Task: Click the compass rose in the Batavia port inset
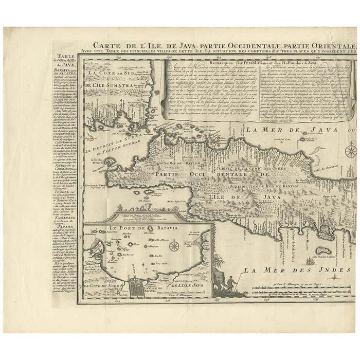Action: tap(174, 245)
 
